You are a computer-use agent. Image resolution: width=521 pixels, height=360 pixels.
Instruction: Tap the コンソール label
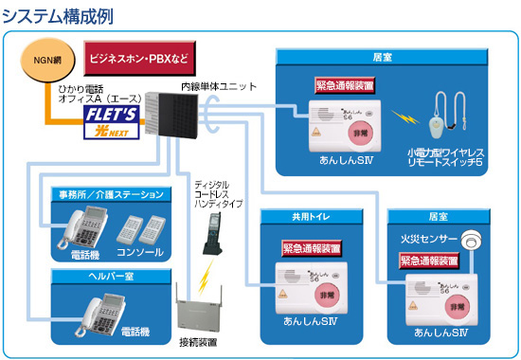(138, 253)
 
